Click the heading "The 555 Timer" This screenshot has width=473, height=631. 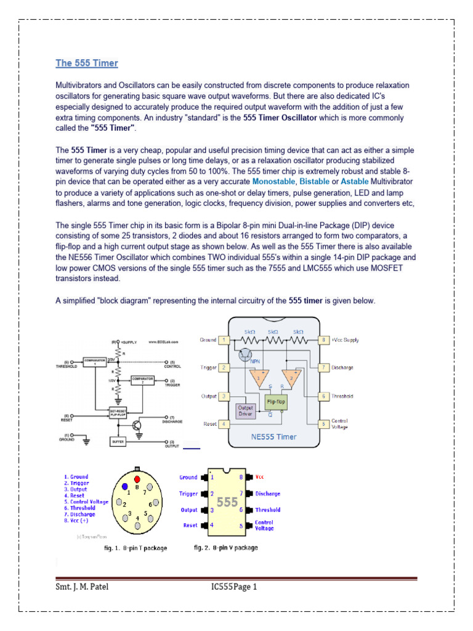pyautogui.click(x=87, y=63)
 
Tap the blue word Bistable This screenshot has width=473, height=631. pyautogui.click(x=314, y=182)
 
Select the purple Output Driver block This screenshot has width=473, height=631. pyautogui.click(x=246, y=411)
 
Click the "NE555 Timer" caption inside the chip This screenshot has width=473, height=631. pyautogui.click(x=273, y=436)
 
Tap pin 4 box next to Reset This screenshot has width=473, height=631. pyautogui.click(x=225, y=424)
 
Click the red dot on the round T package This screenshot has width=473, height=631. pyautogui.click(x=137, y=479)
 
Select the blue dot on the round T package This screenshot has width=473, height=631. pyautogui.click(x=125, y=486)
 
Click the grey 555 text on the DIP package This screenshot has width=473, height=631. pyautogui.click(x=227, y=502)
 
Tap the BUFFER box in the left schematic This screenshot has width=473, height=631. pyautogui.click(x=117, y=442)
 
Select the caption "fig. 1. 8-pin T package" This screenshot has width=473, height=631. pyautogui.click(x=134, y=548)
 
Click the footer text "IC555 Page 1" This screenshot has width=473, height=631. pyautogui.click(x=233, y=587)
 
